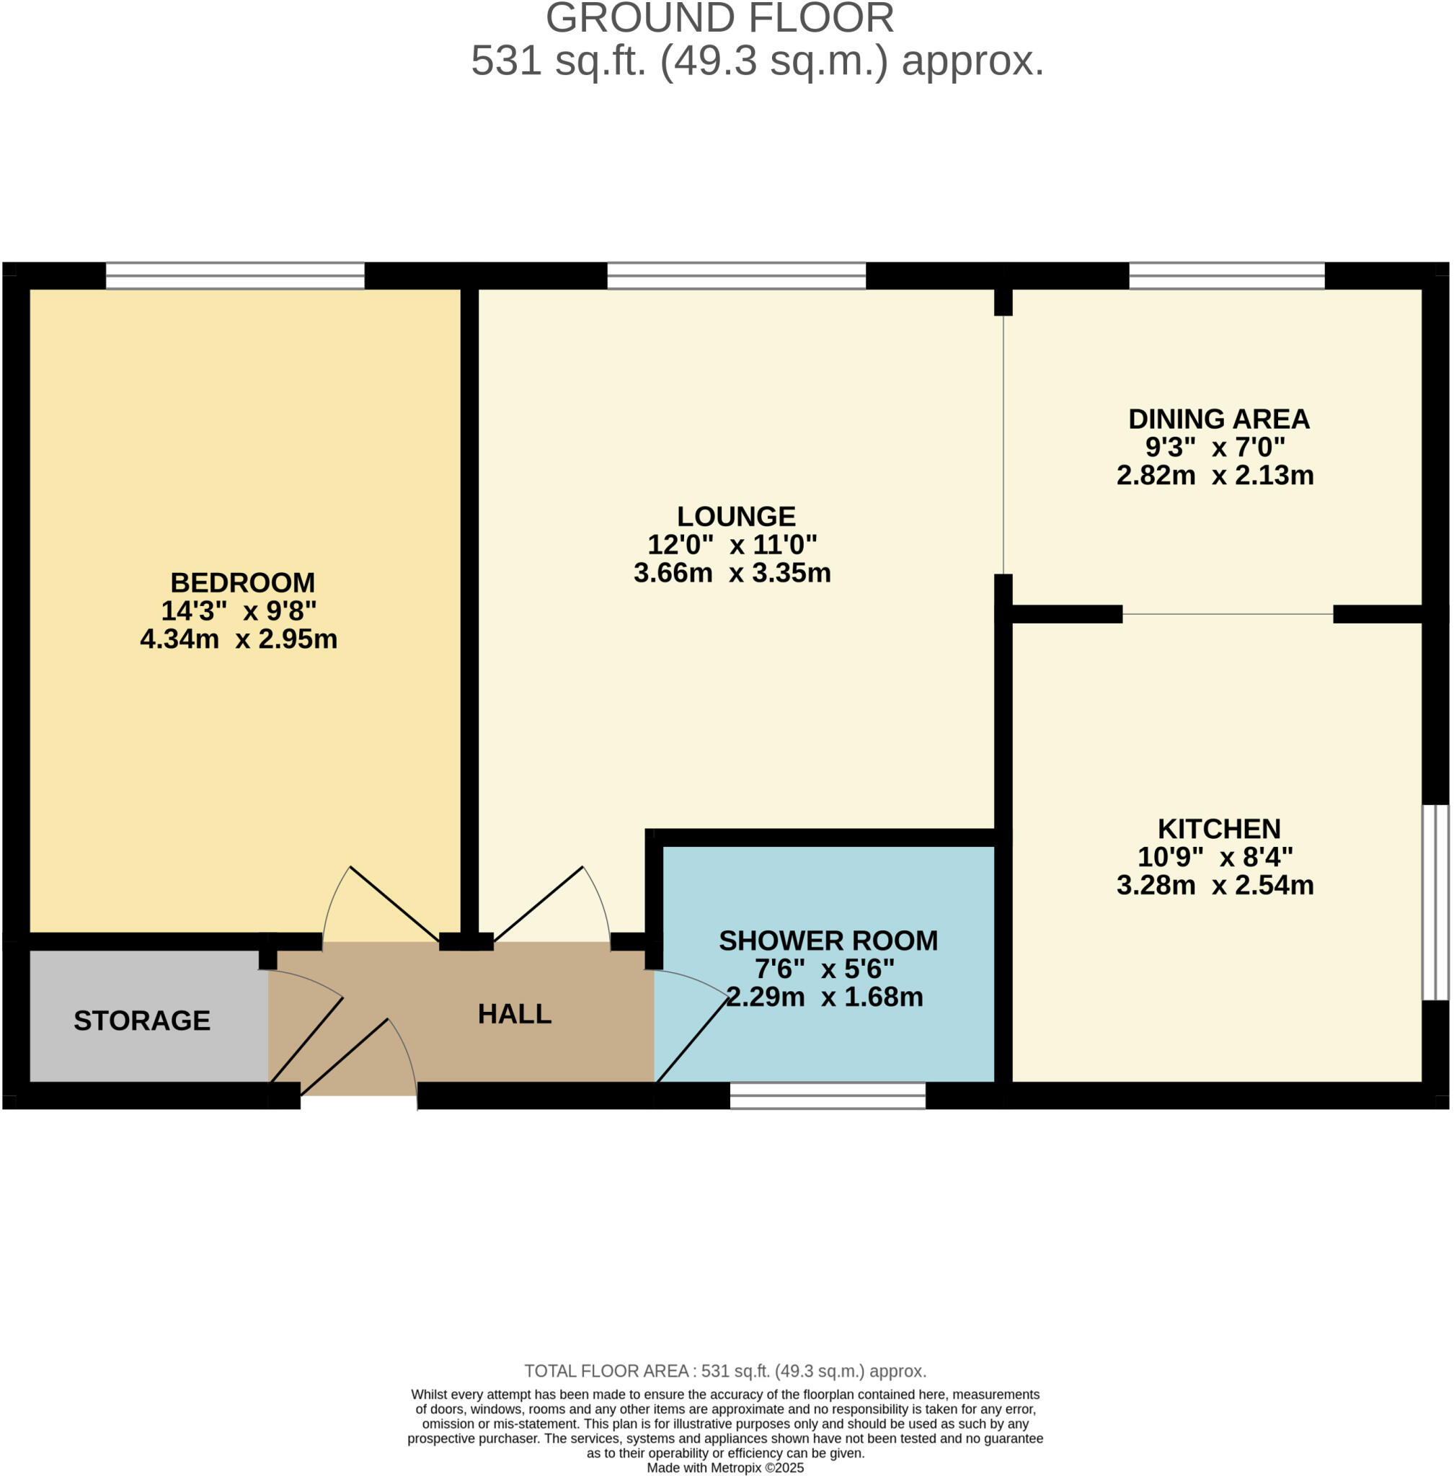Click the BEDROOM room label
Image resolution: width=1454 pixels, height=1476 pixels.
click(242, 582)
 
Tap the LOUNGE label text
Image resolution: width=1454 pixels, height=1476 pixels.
click(736, 516)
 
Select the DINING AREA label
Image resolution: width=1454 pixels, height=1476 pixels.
click(1219, 419)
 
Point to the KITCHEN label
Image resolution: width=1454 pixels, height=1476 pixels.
click(1219, 829)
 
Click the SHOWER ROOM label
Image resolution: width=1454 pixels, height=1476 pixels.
click(828, 941)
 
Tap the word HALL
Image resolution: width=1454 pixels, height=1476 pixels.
click(514, 1014)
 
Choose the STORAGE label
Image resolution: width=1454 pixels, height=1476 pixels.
click(142, 1021)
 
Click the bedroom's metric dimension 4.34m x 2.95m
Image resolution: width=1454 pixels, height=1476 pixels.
click(239, 639)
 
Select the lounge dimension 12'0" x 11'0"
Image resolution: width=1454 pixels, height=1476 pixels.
click(732, 545)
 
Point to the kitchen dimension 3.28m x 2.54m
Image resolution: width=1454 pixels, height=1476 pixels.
click(1215, 886)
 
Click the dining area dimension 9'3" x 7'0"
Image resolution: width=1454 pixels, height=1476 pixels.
click(1215, 447)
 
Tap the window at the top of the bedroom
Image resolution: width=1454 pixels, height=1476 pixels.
click(234, 275)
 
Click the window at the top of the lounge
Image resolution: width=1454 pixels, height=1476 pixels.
click(736, 275)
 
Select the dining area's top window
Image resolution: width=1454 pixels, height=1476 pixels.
click(1226, 275)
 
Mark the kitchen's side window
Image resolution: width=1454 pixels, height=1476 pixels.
click(1435, 902)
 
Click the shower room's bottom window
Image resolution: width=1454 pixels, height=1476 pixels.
click(828, 1095)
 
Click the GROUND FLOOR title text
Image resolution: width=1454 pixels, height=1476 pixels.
click(719, 18)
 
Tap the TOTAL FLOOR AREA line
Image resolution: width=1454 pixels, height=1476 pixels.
click(724, 1371)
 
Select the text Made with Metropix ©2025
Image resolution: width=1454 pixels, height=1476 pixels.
click(724, 1467)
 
